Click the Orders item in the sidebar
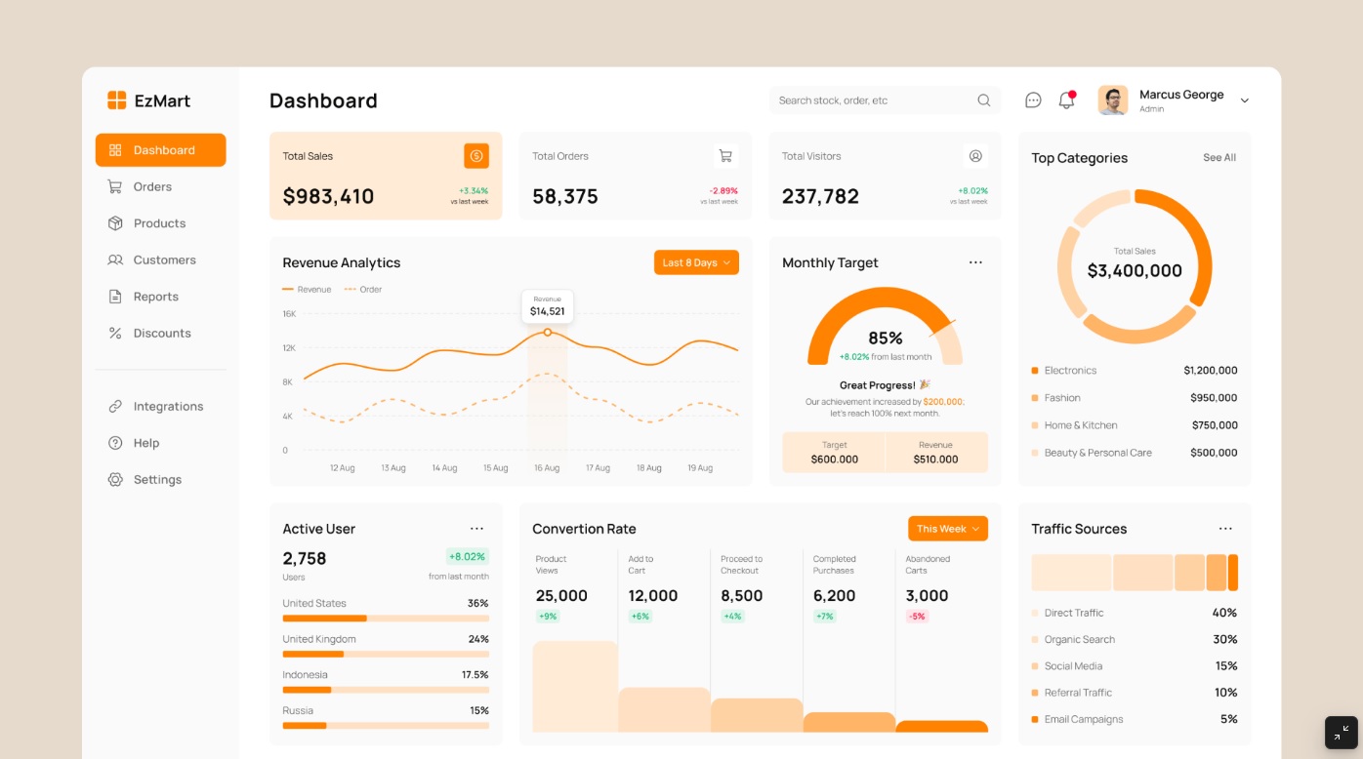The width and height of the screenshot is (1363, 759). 151,186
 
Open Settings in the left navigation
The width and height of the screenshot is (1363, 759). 156,479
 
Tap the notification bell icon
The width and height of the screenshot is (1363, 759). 1066,100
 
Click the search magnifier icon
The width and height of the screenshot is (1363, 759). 983,100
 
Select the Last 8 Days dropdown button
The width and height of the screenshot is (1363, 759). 696,262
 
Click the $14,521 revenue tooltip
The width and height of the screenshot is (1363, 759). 547,306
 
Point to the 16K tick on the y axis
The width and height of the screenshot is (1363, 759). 289,314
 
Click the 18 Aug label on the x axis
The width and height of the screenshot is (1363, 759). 648,468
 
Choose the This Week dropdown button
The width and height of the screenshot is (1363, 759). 947,529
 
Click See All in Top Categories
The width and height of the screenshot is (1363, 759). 1218,158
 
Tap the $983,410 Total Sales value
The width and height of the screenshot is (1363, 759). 328,196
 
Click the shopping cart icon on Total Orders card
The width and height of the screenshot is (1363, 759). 725,156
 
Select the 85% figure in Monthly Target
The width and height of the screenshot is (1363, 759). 885,339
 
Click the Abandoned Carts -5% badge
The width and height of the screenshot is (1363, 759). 916,617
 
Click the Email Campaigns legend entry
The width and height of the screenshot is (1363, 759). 1083,719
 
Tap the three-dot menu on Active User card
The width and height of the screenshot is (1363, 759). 476,529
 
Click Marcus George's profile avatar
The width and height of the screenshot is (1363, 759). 1112,100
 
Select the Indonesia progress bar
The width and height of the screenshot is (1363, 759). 386,690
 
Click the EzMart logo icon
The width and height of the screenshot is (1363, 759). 117,100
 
